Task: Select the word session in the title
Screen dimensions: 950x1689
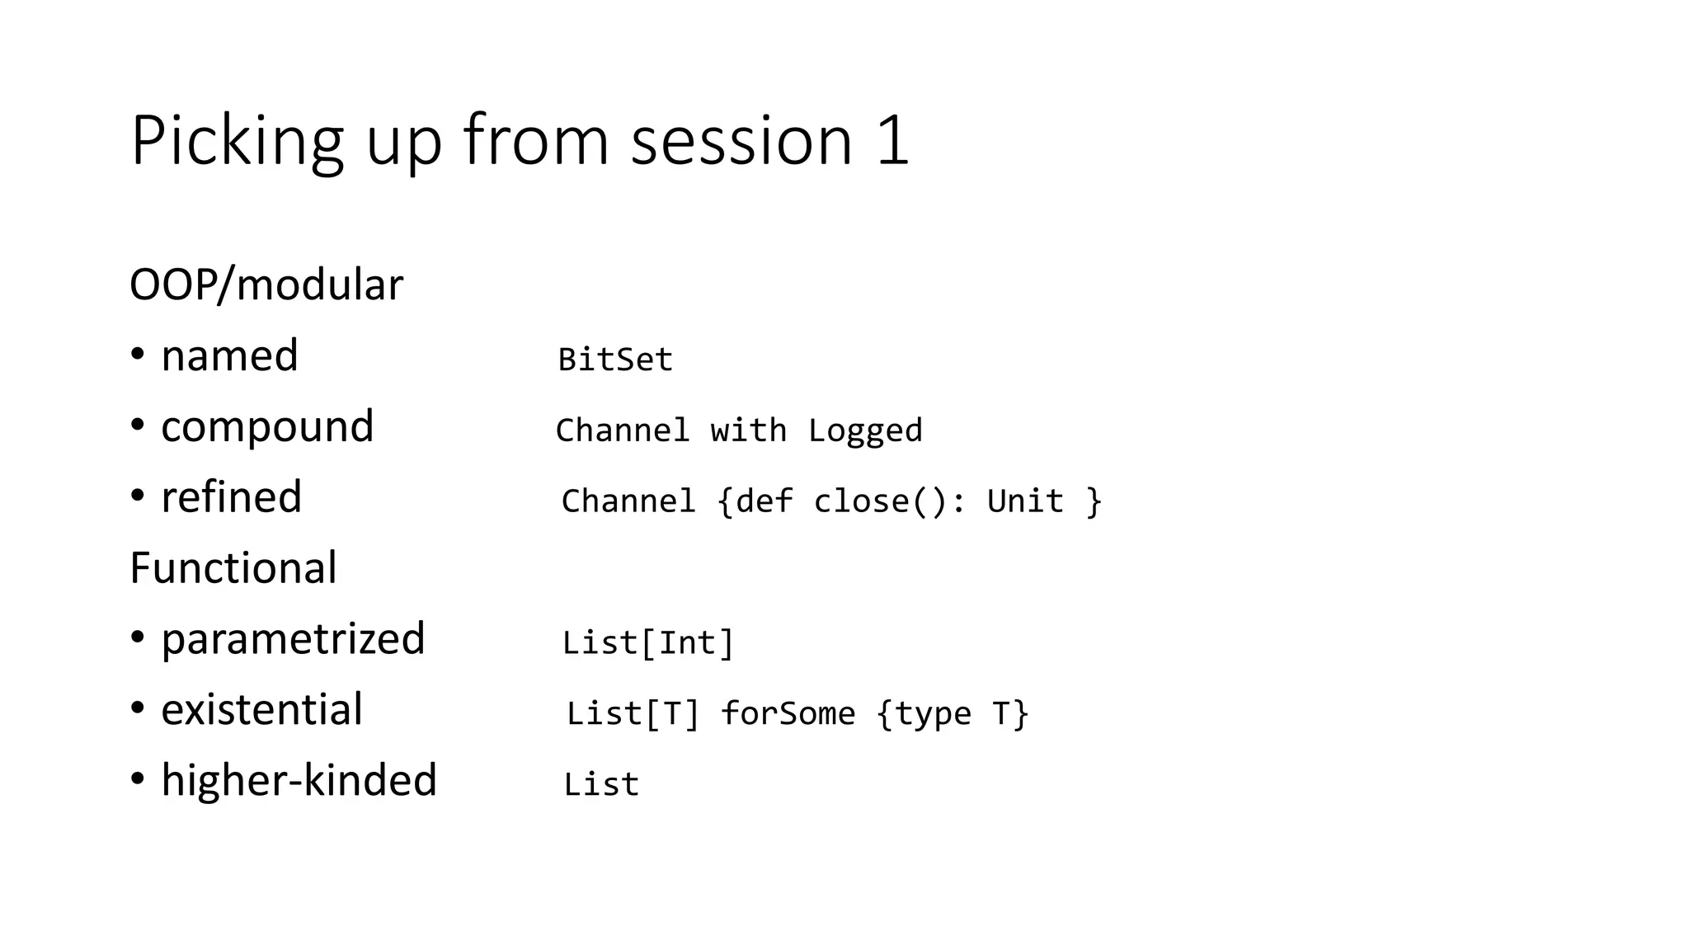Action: (x=741, y=141)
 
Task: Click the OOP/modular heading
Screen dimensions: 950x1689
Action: (x=266, y=285)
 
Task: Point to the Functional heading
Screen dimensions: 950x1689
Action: (x=233, y=568)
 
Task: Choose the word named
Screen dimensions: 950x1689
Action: (x=229, y=356)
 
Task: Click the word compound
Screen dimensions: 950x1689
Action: (x=267, y=427)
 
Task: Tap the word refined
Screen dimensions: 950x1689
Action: (x=231, y=497)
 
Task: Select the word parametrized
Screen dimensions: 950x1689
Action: (x=293, y=639)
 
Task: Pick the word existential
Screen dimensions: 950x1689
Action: (x=261, y=710)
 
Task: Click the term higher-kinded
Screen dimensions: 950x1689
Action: (x=299, y=781)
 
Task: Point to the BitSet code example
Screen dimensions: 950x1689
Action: (x=615, y=360)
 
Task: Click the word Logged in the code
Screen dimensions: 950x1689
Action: (x=865, y=430)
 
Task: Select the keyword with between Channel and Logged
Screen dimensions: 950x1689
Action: (x=748, y=430)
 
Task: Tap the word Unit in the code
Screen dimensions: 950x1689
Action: (x=1025, y=501)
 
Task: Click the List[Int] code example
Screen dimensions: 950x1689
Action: (x=647, y=643)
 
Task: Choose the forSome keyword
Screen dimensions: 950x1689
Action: (x=788, y=714)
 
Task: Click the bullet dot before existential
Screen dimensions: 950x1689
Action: (x=138, y=709)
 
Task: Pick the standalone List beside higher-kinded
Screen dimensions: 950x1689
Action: (x=601, y=784)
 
